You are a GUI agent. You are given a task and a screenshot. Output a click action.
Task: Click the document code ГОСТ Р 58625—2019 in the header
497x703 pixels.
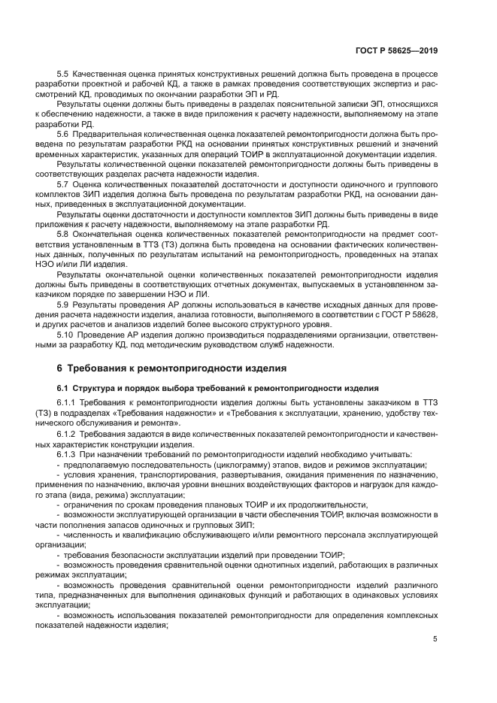(x=396, y=50)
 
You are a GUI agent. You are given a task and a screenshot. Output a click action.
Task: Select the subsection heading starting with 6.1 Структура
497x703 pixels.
(x=217, y=388)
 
